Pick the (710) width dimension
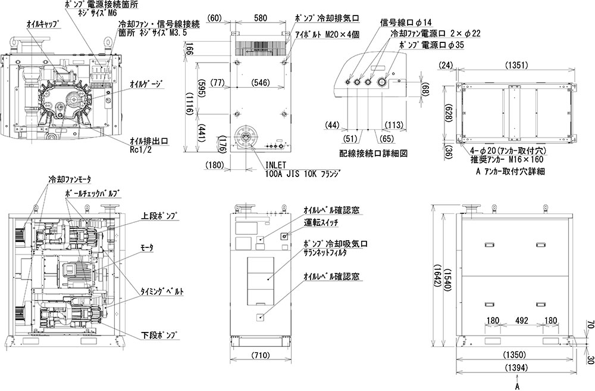(x=260, y=356)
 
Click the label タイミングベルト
(x=161, y=291)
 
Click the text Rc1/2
(x=142, y=150)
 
